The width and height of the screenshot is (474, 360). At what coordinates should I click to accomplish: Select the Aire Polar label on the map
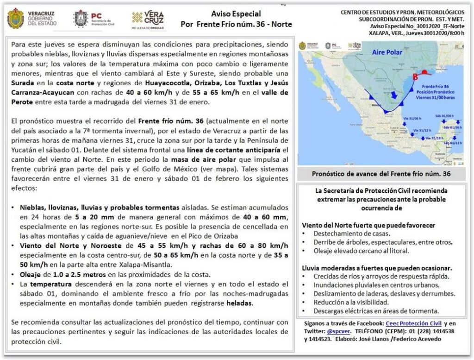click(x=388, y=53)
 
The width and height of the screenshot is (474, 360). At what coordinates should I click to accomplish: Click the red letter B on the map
click(x=415, y=76)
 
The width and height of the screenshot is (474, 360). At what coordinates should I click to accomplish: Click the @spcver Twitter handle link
click(x=339, y=331)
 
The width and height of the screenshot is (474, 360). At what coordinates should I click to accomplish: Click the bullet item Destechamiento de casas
click(x=351, y=234)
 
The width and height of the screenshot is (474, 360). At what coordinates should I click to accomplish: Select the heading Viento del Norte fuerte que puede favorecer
click(x=368, y=225)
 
